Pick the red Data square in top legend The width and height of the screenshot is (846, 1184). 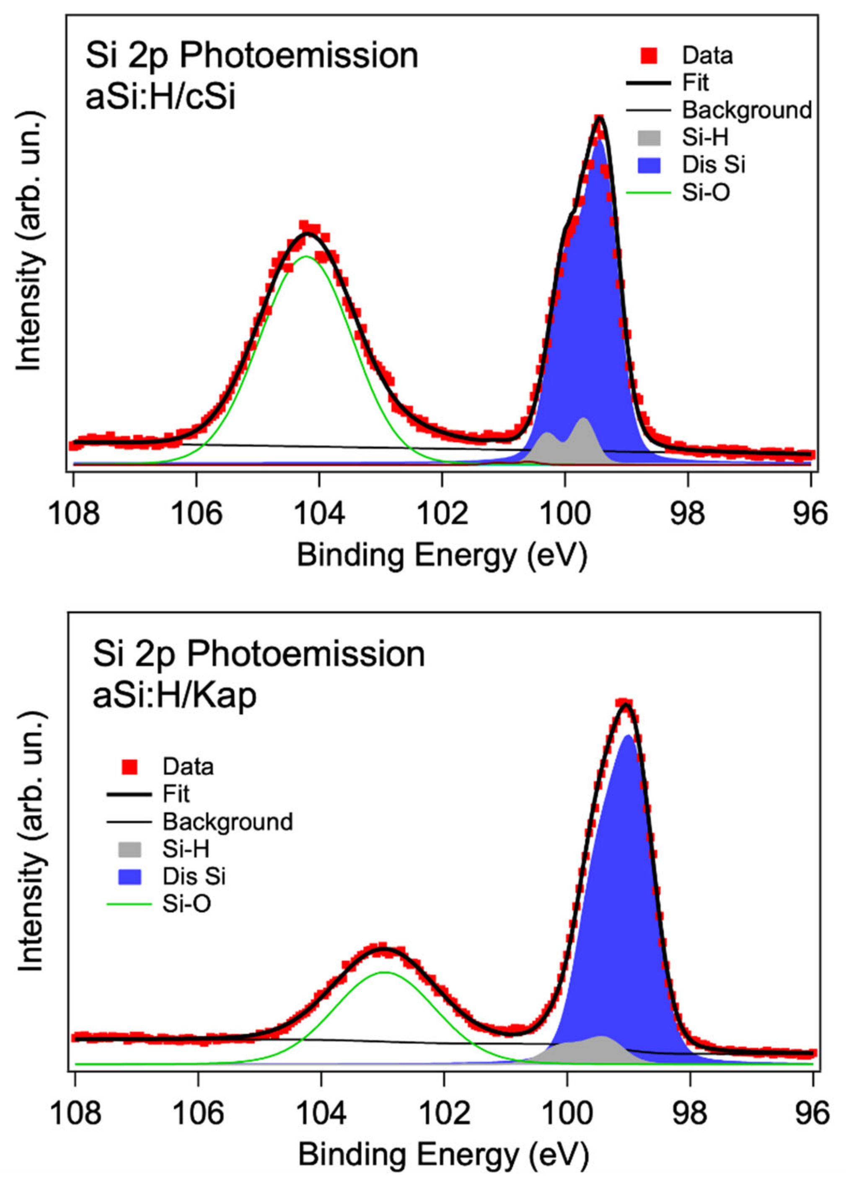[649, 55]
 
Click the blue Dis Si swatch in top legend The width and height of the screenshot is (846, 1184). [649, 165]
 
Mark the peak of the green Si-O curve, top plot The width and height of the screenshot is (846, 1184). [306, 256]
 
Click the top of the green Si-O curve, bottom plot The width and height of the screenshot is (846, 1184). [384, 972]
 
